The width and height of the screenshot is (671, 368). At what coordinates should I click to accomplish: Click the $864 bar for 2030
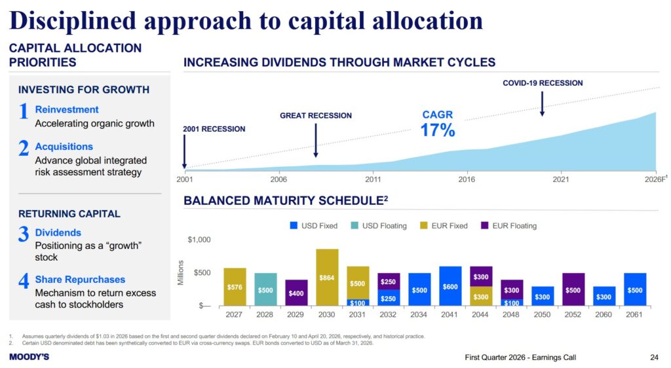328,278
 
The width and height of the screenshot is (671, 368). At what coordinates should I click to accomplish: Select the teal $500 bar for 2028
265,289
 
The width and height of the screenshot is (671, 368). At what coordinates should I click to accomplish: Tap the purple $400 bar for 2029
296,293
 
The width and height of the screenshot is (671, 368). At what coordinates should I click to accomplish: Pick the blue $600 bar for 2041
451,286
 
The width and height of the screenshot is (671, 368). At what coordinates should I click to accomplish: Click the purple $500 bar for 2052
573,289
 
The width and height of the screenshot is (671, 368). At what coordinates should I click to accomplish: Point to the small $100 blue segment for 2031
358,303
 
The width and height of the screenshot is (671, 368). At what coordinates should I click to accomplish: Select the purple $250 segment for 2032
389,282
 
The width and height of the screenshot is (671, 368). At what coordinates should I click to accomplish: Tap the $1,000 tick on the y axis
199,240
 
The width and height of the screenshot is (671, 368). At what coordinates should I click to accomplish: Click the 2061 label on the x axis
635,314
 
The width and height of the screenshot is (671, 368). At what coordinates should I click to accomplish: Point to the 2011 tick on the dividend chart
373,178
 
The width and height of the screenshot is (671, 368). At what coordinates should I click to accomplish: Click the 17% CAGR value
437,130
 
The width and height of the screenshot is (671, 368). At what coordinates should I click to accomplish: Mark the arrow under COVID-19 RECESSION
543,103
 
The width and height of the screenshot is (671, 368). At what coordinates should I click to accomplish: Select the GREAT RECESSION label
315,116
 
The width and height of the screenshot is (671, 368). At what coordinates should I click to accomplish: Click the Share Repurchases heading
80,280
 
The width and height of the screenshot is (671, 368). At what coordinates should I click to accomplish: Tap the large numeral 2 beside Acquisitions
24,149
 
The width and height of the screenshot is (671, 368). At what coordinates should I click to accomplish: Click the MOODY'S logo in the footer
29,357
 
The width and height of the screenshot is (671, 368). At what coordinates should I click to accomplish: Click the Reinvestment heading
67,110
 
